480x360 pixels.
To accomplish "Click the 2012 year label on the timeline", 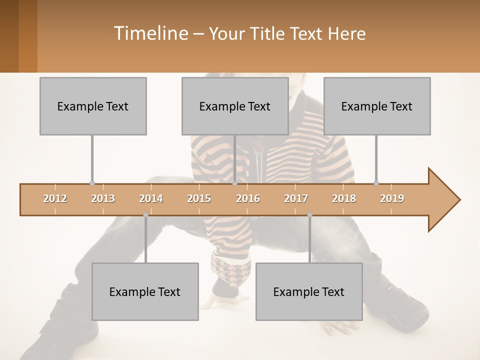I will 55,198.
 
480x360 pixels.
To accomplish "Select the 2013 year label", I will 103,198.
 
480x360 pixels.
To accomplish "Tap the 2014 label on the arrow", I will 151,198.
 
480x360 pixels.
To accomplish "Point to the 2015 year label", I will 199,198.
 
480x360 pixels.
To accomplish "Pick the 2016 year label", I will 248,198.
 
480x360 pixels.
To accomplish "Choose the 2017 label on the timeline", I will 296,198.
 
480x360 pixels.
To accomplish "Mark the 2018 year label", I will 344,198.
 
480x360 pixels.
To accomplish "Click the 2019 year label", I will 392,198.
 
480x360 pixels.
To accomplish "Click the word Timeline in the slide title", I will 149,33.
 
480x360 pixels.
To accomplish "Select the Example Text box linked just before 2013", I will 93,106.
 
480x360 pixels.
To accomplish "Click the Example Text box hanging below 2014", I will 145,291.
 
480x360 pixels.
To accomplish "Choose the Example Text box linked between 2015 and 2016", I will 235,106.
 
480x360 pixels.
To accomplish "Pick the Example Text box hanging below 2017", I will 309,291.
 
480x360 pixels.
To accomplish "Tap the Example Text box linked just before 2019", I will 377,106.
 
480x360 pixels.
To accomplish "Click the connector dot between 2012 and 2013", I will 92,183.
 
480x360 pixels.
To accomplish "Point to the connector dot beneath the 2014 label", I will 145,215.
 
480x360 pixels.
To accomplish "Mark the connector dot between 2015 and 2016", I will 234,183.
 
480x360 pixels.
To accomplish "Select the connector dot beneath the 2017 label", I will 309,215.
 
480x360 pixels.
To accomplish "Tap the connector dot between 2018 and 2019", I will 376,183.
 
